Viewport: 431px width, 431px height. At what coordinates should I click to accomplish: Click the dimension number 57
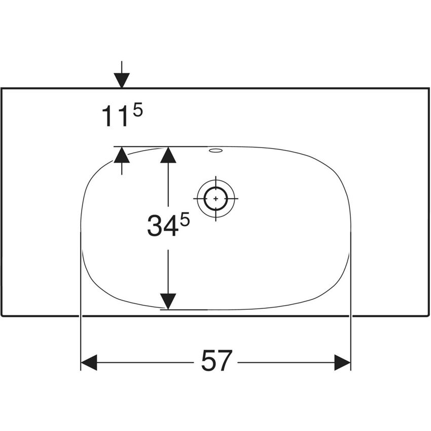[217, 361]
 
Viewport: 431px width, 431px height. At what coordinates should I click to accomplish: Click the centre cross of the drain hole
[216, 198]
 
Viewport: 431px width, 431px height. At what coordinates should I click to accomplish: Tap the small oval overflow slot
[215, 151]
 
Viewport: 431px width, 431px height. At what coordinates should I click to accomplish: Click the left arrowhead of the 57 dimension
[89, 362]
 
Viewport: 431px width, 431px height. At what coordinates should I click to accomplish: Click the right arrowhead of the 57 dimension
[342, 362]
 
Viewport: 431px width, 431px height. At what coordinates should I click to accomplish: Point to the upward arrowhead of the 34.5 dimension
[168, 155]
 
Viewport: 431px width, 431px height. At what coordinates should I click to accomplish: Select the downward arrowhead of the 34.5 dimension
[168, 302]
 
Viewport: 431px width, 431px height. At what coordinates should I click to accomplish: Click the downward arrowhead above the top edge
[122, 81]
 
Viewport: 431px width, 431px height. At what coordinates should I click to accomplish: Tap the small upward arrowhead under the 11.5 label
[122, 155]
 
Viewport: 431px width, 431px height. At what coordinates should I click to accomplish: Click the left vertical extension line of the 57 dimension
[81, 301]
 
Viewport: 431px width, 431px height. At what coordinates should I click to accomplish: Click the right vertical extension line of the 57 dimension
[351, 301]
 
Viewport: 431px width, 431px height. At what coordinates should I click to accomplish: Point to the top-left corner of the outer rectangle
[2, 88]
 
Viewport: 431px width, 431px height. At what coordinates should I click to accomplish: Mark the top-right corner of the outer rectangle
[429, 88]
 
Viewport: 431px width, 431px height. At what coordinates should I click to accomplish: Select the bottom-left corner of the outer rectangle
[2, 316]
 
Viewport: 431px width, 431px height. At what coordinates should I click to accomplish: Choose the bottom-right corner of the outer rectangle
[429, 316]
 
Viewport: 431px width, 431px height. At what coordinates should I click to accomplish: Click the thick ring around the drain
[216, 198]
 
